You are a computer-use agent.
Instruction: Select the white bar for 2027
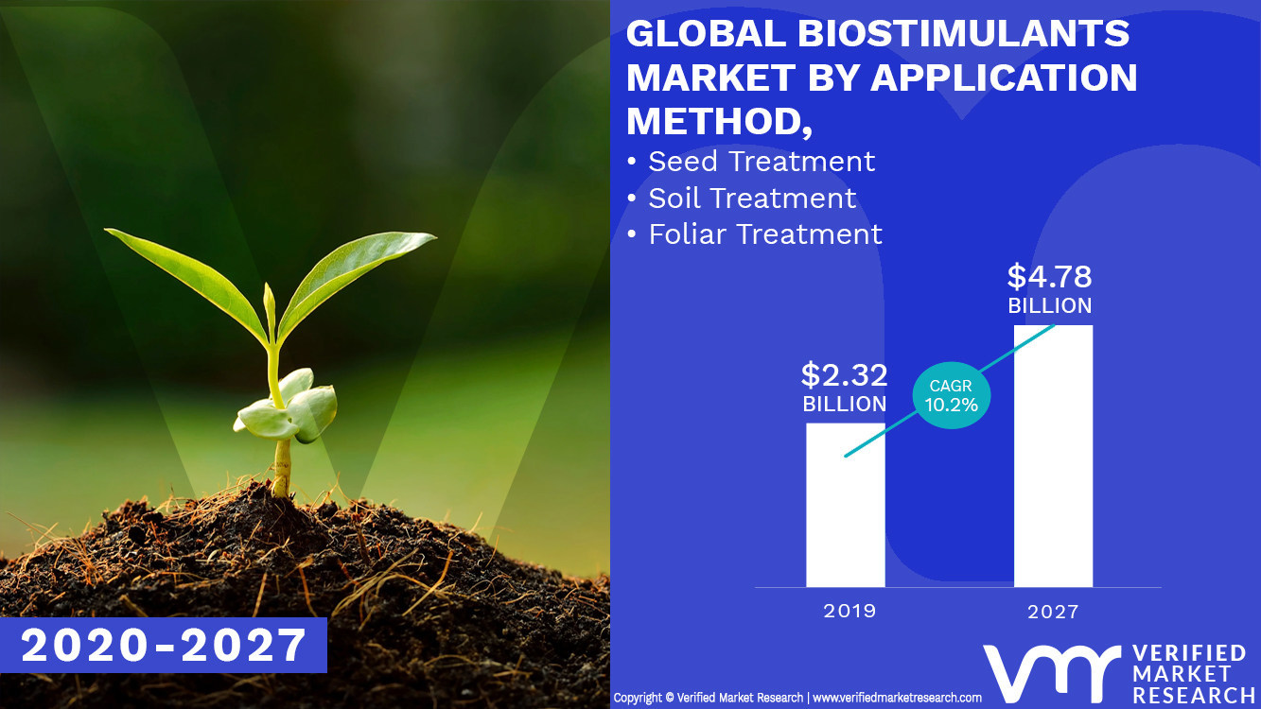click(1053, 458)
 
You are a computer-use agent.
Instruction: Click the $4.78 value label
click(1049, 277)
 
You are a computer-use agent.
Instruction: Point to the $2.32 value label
click(844, 375)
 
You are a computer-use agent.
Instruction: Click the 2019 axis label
click(849, 611)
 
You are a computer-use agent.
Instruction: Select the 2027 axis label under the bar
click(1053, 612)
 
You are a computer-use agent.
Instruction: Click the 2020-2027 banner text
click(164, 645)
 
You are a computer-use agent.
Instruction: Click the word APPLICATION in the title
click(1003, 78)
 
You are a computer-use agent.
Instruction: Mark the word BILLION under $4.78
click(1049, 306)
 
